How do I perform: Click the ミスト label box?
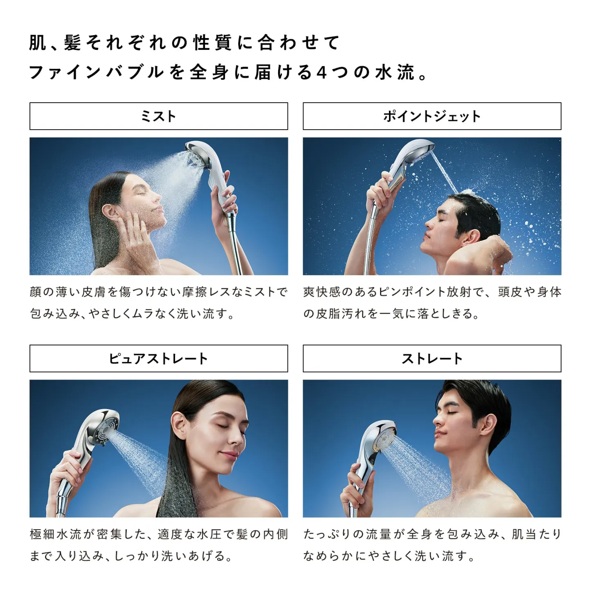(159, 116)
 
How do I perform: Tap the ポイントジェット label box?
(432, 116)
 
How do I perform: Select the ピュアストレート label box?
(159, 359)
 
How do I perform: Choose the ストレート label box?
(432, 359)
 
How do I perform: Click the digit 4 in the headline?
(322, 72)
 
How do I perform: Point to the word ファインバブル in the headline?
(96, 72)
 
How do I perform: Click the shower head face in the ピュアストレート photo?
(107, 429)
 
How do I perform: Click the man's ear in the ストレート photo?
(488, 423)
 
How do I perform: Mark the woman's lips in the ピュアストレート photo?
(229, 455)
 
